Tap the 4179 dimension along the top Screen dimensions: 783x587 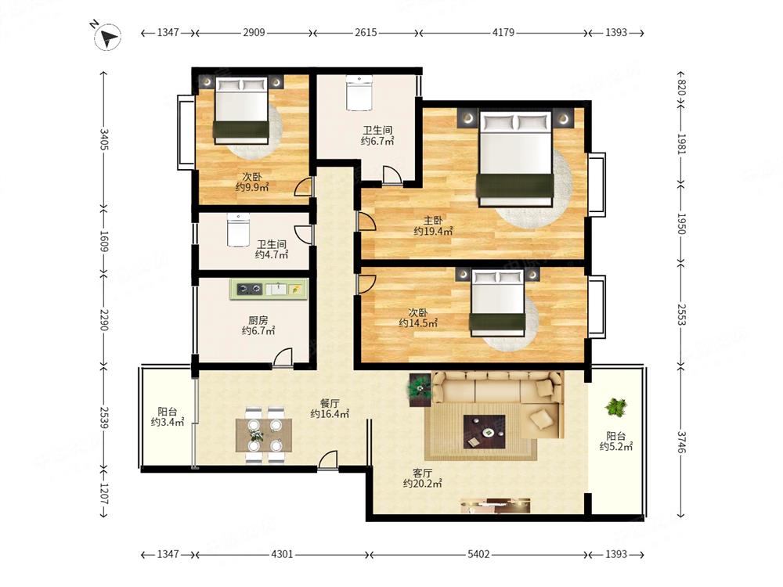click(503, 32)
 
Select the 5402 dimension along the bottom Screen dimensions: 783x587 click(478, 554)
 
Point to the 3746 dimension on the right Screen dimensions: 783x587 click(682, 441)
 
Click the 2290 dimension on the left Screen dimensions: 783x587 click(104, 320)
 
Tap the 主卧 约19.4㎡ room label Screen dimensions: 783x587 click(433, 225)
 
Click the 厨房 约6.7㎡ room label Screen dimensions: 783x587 click(258, 326)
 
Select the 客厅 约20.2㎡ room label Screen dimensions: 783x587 click(422, 478)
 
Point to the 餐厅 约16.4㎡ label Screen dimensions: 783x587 click(330, 409)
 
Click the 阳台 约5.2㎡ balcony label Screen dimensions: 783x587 click(616, 441)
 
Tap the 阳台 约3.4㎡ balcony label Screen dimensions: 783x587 click(168, 417)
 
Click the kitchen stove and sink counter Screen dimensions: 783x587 click(269, 290)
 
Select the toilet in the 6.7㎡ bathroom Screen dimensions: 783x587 click(359, 92)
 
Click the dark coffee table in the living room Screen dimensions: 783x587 click(483, 432)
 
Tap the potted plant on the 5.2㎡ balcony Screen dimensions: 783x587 click(615, 407)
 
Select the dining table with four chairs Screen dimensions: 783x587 click(264, 435)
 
